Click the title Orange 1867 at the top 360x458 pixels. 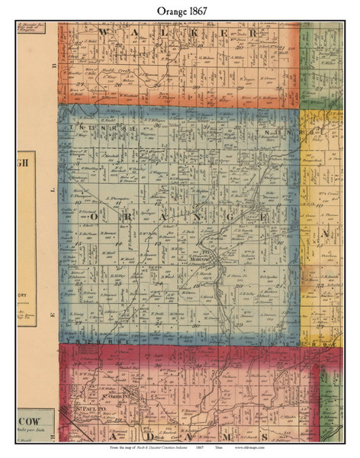point(179,8)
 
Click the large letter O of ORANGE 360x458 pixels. point(94,217)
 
